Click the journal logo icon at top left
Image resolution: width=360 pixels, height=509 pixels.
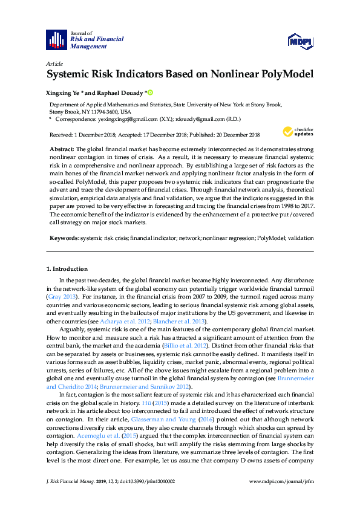tap(56, 40)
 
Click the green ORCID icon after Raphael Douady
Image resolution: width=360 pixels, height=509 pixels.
tap(151, 93)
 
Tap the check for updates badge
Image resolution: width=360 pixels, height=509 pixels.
tap(296, 131)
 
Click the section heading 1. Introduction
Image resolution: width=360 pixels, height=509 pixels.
tap(67, 269)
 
